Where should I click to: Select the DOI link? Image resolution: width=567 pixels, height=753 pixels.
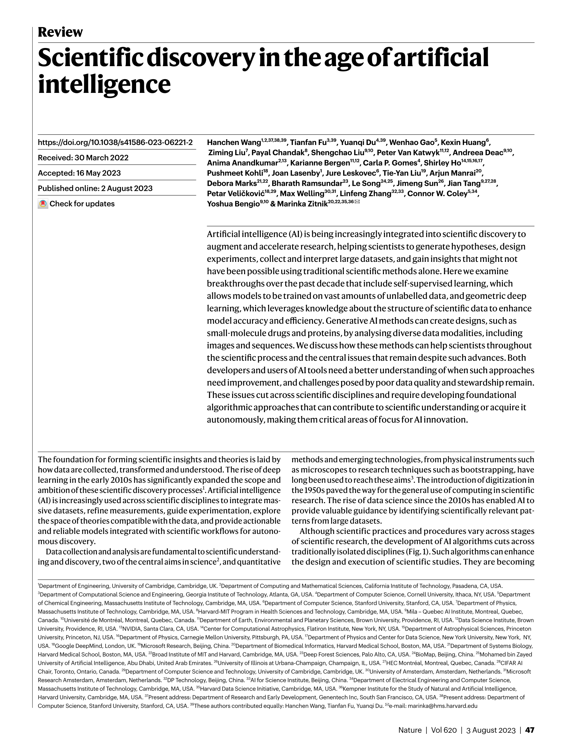click(x=115, y=142)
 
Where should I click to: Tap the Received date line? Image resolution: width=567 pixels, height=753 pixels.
click(x=83, y=158)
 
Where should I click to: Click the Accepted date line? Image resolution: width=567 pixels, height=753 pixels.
click(x=79, y=173)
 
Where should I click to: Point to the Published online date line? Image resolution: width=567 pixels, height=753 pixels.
click(x=95, y=189)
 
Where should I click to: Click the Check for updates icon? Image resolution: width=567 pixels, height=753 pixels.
click(x=43, y=204)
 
